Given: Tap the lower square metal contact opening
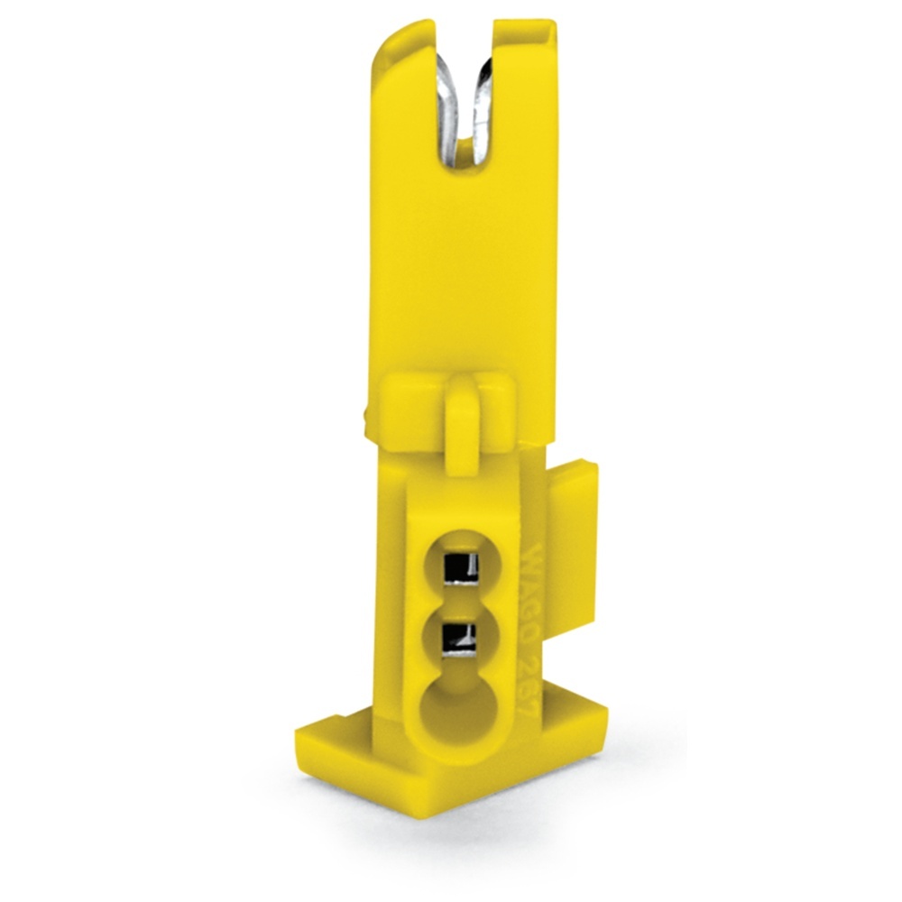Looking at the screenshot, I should tap(460, 641).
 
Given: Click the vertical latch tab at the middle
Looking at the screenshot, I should tap(463, 415).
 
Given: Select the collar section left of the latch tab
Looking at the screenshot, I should tap(410, 401).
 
